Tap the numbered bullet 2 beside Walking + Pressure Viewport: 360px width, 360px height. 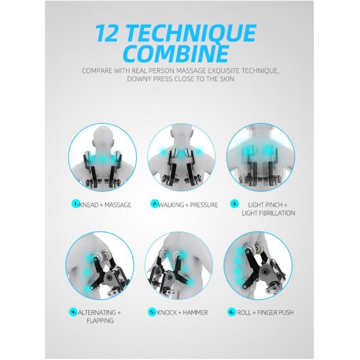[x=155, y=205]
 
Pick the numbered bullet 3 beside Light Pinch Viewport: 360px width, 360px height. [x=235, y=204]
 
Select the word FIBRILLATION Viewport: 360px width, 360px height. [x=268, y=213]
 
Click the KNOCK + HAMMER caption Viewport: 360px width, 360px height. [x=183, y=312]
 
